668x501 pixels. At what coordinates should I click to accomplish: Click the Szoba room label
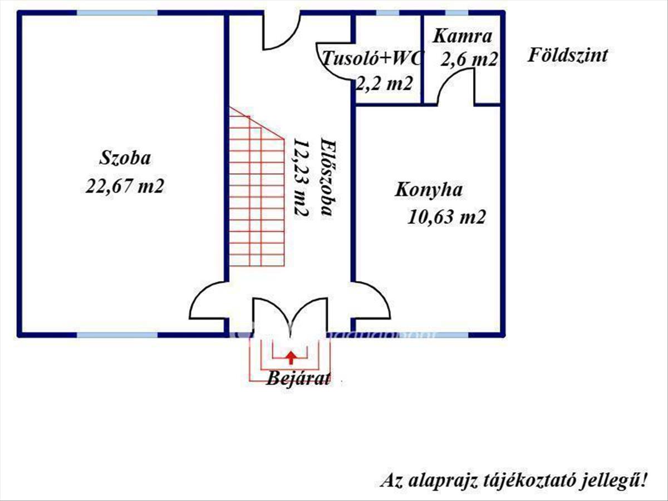click(x=125, y=158)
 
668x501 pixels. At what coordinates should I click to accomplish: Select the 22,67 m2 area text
click(x=125, y=185)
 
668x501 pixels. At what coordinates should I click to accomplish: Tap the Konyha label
click(x=429, y=190)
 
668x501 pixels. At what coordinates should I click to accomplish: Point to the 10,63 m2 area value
click(x=446, y=217)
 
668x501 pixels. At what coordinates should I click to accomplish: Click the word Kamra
click(x=462, y=36)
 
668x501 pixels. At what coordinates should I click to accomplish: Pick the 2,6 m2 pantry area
click(x=469, y=60)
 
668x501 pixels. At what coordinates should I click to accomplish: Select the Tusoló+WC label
click(x=372, y=58)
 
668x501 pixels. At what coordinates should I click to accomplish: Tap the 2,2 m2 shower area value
click(x=384, y=83)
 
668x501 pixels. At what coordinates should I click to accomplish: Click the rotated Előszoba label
click(x=330, y=178)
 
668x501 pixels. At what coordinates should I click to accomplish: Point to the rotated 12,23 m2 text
click(x=302, y=178)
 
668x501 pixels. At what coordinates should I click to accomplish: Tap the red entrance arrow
click(x=291, y=357)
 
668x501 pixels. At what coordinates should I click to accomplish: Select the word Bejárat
click(x=298, y=379)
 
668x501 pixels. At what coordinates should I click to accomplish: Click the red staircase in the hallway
click(x=257, y=186)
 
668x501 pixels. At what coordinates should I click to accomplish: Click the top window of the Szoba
click(x=117, y=13)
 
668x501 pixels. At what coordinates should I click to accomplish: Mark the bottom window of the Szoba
click(x=117, y=335)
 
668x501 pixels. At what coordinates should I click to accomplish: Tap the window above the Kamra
click(x=457, y=13)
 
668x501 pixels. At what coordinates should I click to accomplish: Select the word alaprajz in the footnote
click(x=442, y=481)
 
